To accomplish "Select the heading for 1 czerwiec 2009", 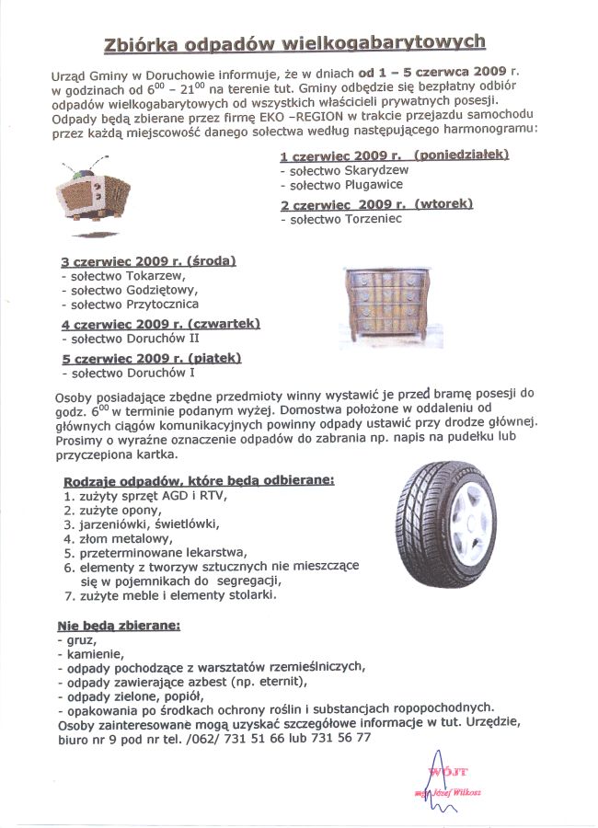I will pos(395,156).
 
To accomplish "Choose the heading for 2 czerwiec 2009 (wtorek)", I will pos(376,204).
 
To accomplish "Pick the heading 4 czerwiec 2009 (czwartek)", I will pos(161,324).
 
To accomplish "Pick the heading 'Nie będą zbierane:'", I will pos(119,625).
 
